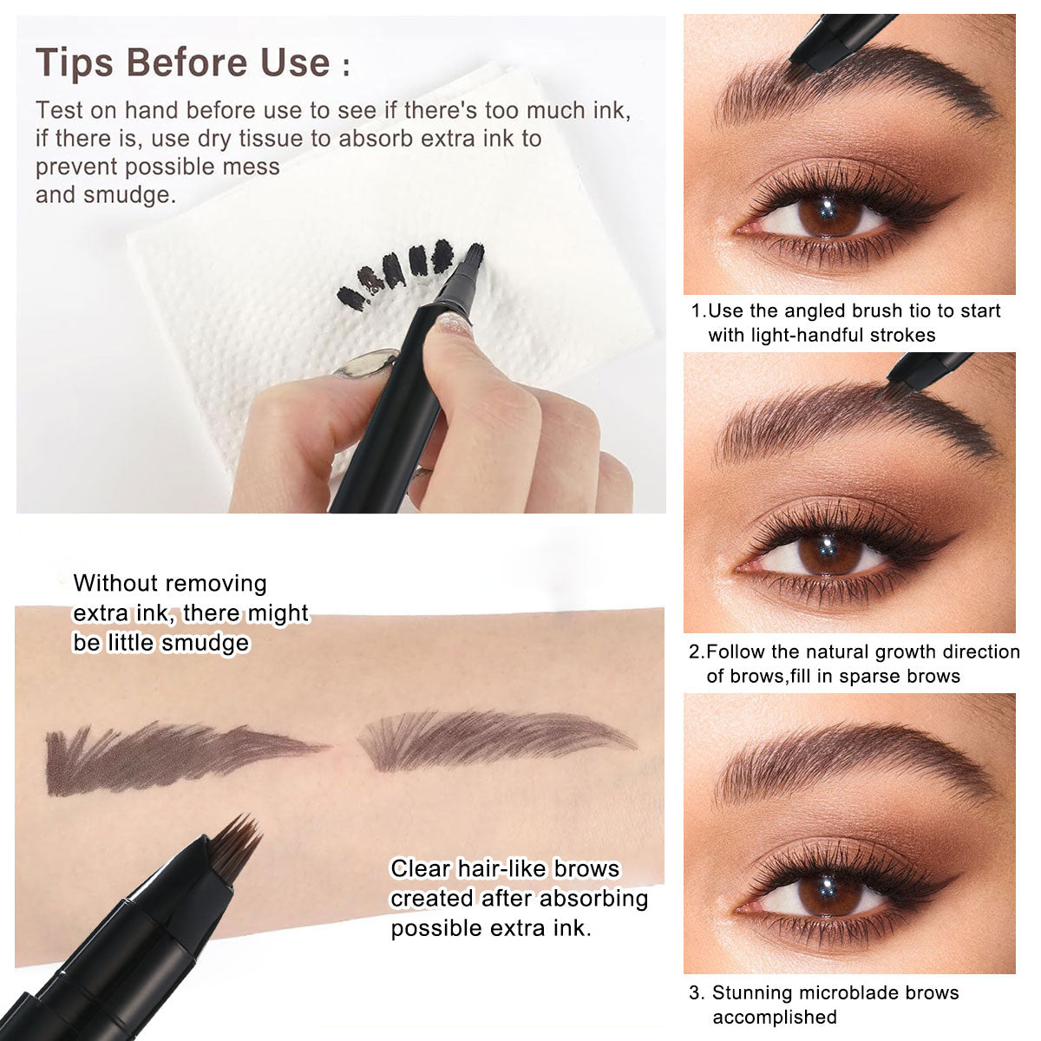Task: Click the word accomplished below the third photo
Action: [774, 1017]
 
